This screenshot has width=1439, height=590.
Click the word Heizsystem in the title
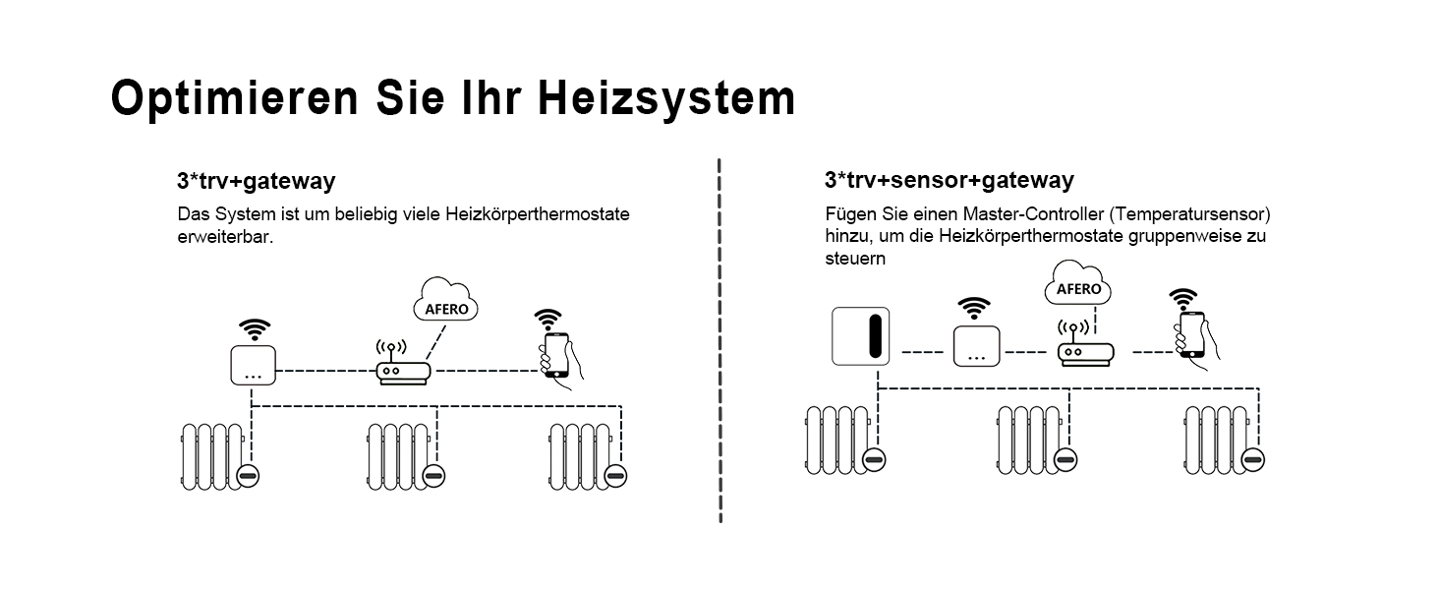[666, 99]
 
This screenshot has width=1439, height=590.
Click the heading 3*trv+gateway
[257, 181]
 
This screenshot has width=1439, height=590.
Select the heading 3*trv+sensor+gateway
[949, 180]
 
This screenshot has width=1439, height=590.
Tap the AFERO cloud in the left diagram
[445, 300]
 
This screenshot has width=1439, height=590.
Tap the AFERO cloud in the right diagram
[1078, 283]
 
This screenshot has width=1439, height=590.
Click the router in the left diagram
[403, 364]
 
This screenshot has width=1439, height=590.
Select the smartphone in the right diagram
[1195, 337]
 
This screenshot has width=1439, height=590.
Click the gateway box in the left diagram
[254, 365]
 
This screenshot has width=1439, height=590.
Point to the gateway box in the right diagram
[976, 346]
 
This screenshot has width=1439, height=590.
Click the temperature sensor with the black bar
[860, 336]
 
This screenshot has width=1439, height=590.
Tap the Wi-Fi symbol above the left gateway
[255, 329]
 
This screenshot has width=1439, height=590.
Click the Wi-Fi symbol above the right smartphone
[1182, 299]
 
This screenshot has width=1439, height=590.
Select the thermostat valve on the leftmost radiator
[248, 476]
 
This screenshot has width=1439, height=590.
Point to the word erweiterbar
[225, 237]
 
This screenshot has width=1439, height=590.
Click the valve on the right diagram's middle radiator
[1065, 459]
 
